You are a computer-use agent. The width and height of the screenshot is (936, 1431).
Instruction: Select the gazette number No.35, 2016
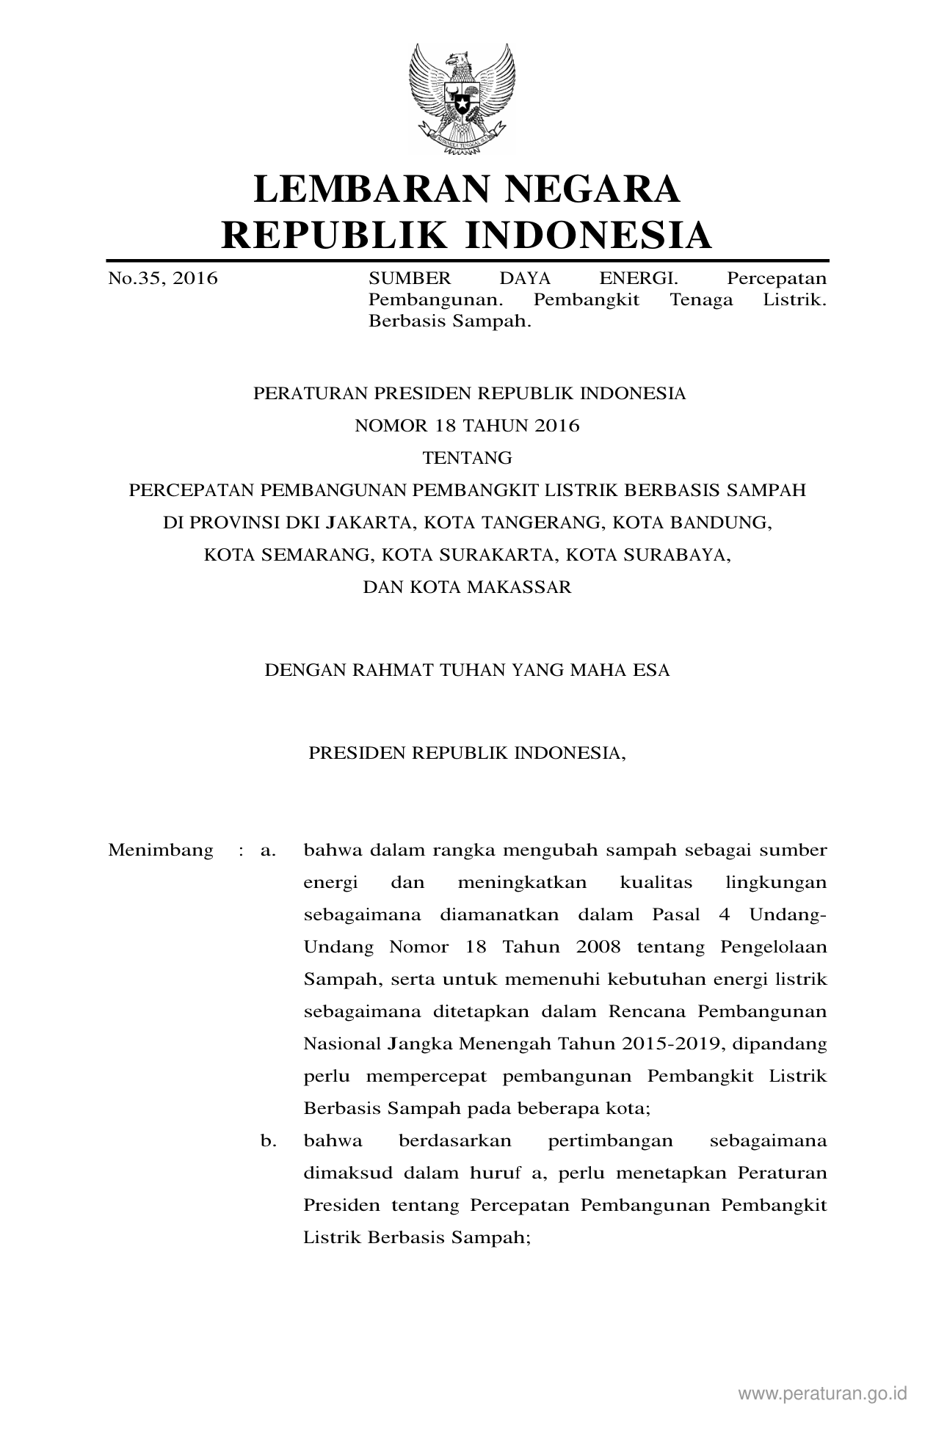(163, 279)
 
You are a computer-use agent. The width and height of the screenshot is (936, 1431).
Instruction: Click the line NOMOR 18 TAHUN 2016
(467, 426)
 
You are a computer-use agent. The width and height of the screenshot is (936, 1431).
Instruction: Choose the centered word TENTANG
(467, 459)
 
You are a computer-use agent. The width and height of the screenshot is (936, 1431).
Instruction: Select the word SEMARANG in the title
(312, 556)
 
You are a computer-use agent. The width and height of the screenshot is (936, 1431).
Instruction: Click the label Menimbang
(161, 851)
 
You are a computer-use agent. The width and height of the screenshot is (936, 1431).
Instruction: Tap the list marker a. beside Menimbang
(268, 851)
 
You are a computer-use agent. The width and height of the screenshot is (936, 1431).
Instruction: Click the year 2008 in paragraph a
(598, 947)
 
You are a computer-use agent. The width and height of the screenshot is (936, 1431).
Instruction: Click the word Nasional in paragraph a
(340, 1044)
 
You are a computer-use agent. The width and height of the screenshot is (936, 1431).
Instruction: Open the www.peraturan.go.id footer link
(823, 1394)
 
